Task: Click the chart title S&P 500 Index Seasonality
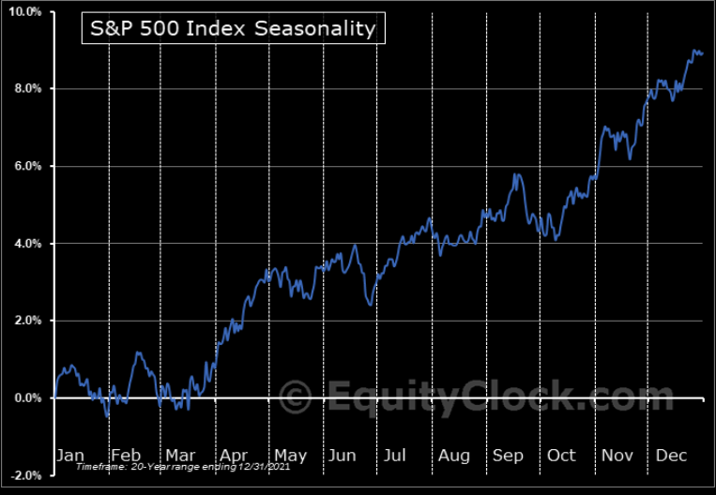coord(231,28)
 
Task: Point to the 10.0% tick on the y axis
coord(25,12)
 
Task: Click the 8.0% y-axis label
coord(27,89)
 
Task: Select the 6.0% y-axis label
coord(27,166)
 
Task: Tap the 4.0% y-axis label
coord(27,244)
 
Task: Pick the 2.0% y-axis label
coord(27,321)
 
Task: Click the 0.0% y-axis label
coord(27,397)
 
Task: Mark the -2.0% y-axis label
coord(25,475)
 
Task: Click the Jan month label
coord(70,455)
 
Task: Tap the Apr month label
coord(236,455)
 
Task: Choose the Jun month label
coord(342,455)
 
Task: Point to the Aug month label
coord(453,455)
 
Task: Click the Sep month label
coord(508,455)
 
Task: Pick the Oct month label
coord(561,455)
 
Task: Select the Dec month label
coord(672,455)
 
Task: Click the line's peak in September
coord(516,174)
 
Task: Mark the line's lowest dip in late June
coord(371,305)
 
